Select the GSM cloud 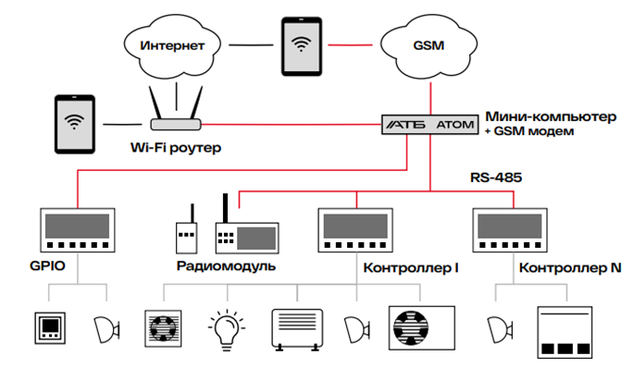[429, 44]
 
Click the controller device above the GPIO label [77, 229]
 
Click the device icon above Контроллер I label [355, 229]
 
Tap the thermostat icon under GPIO [49, 329]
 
